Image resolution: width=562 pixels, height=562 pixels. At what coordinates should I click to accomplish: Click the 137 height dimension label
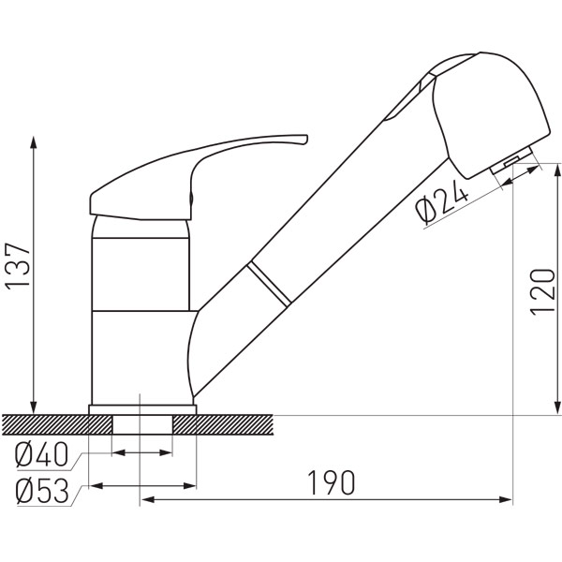17,265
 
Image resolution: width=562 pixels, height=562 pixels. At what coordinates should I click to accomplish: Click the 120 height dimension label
542,292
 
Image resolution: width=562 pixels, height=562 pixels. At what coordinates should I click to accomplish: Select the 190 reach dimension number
332,482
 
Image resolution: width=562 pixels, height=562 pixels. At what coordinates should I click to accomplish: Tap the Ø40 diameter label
41,454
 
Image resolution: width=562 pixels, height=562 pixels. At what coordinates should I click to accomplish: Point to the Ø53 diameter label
42,491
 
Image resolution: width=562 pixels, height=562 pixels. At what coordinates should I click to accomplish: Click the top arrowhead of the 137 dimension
34,142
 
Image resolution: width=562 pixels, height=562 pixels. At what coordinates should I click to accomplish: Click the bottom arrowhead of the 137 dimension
34,407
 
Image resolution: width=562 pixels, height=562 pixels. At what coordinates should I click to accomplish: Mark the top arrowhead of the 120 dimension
557,170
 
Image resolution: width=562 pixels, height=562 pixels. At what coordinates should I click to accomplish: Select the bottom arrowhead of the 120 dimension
557,407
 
